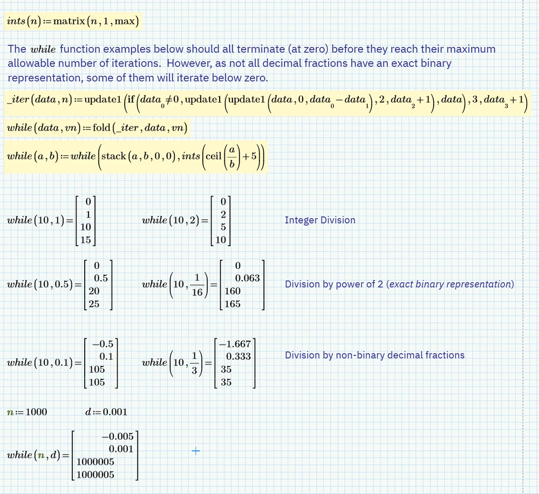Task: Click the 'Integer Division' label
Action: [320, 220]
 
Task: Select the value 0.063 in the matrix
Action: [248, 279]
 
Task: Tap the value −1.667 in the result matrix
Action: [235, 344]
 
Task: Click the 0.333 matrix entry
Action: [238, 357]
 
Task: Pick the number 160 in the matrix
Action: [233, 291]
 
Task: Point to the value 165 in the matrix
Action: [233, 304]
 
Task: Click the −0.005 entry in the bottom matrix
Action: [117, 437]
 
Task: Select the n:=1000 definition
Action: [27, 412]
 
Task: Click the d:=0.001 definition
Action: [106, 412]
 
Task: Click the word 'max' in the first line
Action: [129, 22]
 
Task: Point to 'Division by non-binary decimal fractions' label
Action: [374, 355]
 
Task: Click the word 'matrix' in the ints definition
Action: [68, 22]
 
